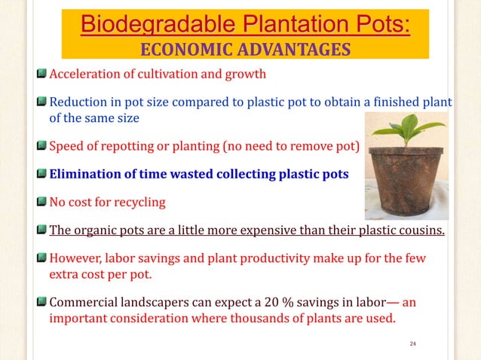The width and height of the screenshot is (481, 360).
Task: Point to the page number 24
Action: [412, 344]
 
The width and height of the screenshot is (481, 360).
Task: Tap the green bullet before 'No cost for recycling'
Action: [42, 201]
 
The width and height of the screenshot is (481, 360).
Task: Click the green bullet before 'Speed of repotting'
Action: [42, 146]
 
